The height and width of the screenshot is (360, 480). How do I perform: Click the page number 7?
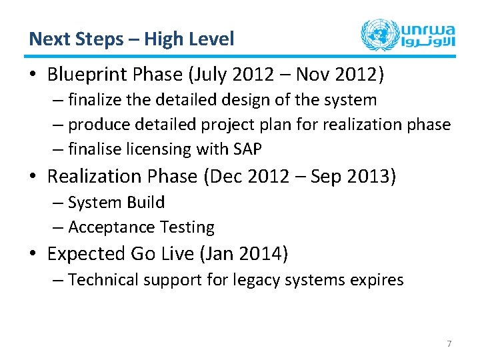449,344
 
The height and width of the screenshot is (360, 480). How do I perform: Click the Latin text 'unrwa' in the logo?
427,28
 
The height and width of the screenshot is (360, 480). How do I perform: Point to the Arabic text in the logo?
427,43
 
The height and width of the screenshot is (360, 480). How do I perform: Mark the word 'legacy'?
257,280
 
